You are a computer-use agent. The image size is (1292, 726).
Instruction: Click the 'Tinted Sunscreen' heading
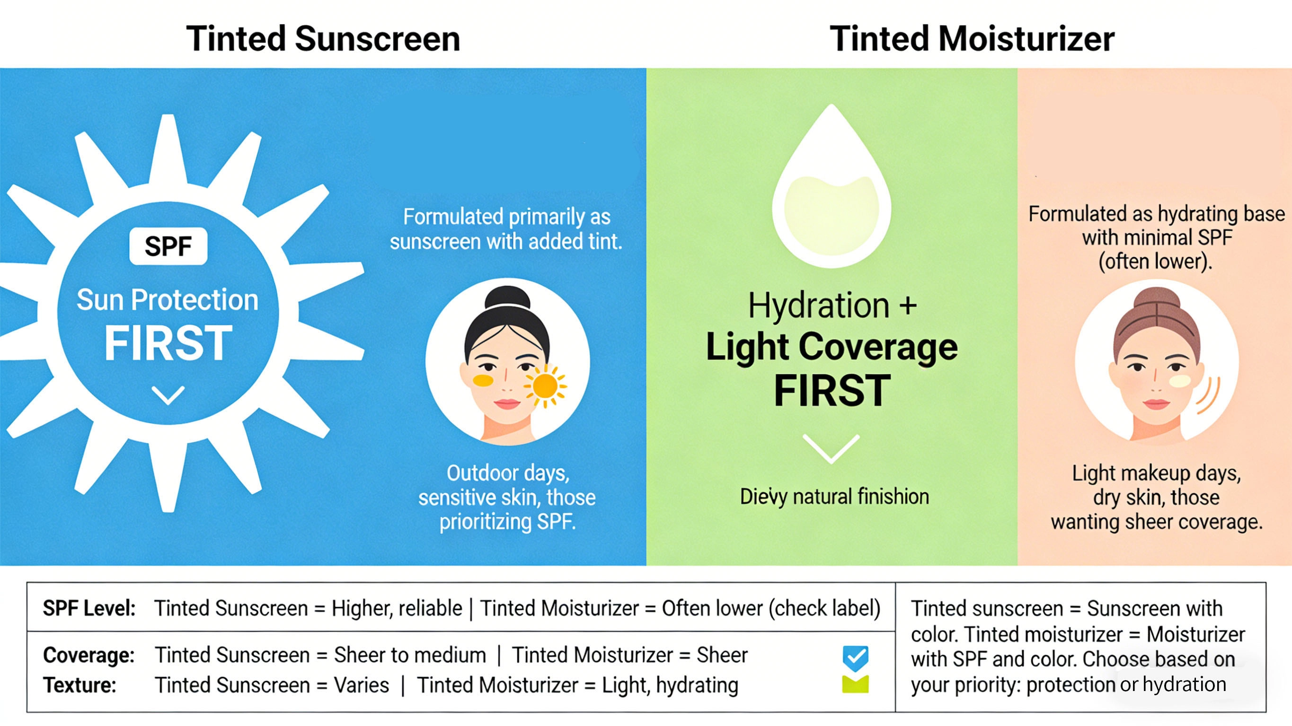click(x=323, y=39)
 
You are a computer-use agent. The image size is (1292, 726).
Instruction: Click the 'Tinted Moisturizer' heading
click(x=972, y=39)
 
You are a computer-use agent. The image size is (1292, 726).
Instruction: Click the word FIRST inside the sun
click(x=168, y=343)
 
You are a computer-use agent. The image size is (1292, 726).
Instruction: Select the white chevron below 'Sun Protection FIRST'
click(x=168, y=395)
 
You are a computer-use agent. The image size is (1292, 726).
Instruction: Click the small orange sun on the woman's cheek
click(x=545, y=385)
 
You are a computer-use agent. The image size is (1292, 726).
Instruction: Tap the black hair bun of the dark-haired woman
click(x=507, y=298)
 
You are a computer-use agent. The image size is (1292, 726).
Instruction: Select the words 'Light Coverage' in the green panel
click(x=832, y=347)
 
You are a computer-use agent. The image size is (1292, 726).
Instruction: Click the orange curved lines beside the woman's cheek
click(x=1210, y=396)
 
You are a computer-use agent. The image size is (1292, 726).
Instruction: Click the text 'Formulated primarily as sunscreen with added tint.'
click(x=506, y=229)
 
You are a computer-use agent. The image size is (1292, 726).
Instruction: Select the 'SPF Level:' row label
click(x=89, y=608)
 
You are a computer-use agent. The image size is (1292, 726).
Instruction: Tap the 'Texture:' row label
click(x=80, y=685)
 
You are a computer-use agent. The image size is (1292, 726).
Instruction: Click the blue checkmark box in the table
click(x=855, y=657)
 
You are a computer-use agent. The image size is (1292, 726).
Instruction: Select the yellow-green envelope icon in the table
click(x=855, y=684)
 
